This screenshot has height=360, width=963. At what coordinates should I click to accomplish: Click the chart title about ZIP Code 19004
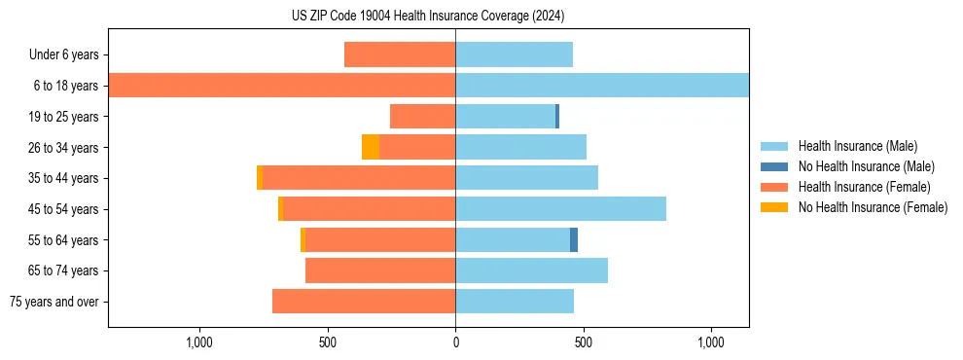428,17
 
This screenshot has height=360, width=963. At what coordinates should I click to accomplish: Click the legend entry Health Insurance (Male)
856,146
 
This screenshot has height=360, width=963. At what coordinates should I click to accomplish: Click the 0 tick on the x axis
455,342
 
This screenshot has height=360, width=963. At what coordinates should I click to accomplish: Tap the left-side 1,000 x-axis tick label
199,342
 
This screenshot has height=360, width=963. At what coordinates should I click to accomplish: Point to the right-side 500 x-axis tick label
583,342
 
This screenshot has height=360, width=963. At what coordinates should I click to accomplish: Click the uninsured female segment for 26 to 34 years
371,147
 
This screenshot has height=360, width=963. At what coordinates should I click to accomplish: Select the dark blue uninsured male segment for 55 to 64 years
574,239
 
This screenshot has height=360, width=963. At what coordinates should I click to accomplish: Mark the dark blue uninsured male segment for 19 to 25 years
557,117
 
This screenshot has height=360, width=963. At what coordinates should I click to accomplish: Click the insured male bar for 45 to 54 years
560,208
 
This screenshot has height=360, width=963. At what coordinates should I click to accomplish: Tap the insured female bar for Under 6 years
400,54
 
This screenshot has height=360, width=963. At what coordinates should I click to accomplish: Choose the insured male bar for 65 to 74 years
531,270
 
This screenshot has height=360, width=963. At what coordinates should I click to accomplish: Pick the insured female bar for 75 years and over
364,302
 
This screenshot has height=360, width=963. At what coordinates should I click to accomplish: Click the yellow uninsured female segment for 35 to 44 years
260,178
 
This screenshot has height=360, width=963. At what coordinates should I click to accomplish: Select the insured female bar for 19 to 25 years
422,117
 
